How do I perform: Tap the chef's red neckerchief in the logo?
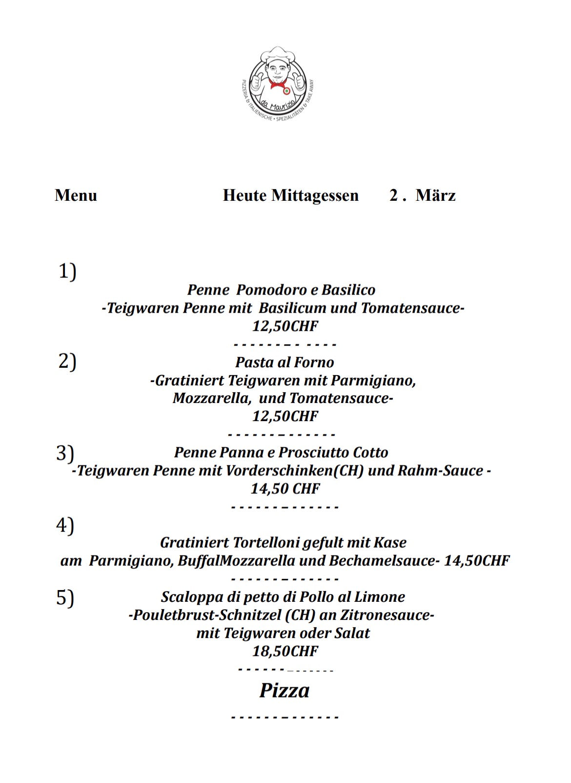click(277, 85)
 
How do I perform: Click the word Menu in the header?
click(76, 195)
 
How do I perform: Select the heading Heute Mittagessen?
click(290, 195)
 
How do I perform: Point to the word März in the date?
click(435, 195)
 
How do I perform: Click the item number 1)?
click(67, 271)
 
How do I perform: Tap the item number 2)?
click(67, 361)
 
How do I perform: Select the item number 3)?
click(65, 453)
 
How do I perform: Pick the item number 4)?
click(65, 525)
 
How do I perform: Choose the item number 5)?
click(65, 597)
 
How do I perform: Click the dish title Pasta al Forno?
click(285, 362)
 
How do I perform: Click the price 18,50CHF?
click(285, 651)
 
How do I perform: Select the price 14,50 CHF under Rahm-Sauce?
click(285, 488)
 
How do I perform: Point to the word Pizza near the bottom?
click(284, 691)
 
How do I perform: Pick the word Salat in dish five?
click(352, 634)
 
